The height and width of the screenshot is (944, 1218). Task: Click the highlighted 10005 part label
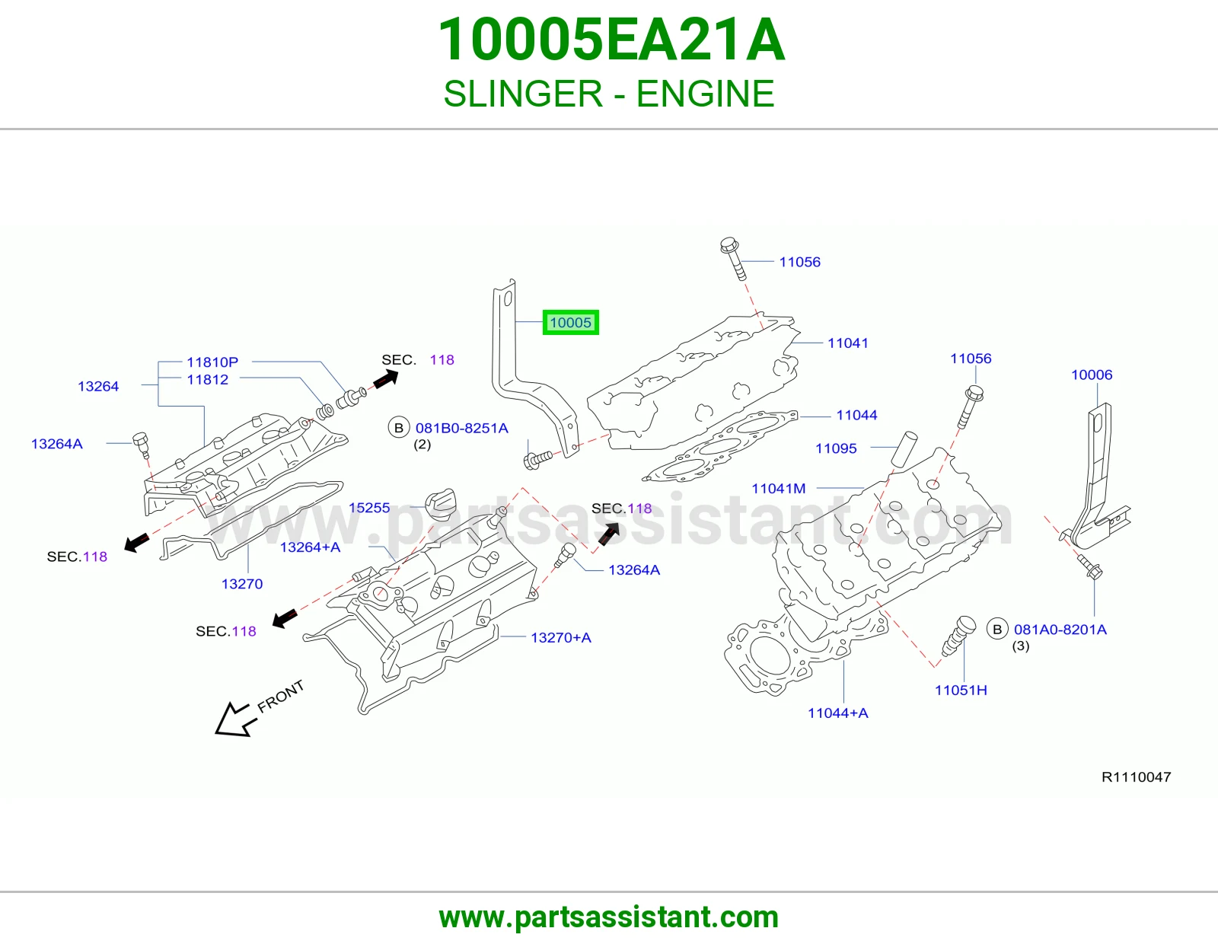pos(571,322)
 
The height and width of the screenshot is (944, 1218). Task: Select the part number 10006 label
pos(1092,375)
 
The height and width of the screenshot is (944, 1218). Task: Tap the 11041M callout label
pos(778,488)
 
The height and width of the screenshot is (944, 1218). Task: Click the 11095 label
pos(836,448)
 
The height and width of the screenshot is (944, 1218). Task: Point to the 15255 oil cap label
pos(368,508)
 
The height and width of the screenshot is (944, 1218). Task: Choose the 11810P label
pos(212,362)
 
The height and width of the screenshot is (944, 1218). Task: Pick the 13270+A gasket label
pos(560,637)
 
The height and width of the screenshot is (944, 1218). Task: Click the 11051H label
pos(961,690)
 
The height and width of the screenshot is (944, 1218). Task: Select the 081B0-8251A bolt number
pos(462,429)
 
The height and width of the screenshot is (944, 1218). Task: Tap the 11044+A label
pos(837,713)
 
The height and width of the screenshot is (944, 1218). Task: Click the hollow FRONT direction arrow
pos(235,719)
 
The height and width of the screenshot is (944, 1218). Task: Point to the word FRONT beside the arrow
pos(281,697)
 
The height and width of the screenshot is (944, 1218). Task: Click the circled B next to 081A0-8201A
pos(997,630)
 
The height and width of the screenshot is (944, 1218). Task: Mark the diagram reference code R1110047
pos(1136,777)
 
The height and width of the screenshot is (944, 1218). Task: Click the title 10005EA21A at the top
pos(611,40)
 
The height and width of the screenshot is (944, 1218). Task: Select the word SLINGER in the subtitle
pos(523,94)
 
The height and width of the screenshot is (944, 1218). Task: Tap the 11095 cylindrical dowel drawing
pos(904,448)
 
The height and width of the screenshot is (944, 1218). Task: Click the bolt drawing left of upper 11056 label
pos(732,258)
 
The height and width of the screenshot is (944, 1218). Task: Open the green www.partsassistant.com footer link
pos(609,918)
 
